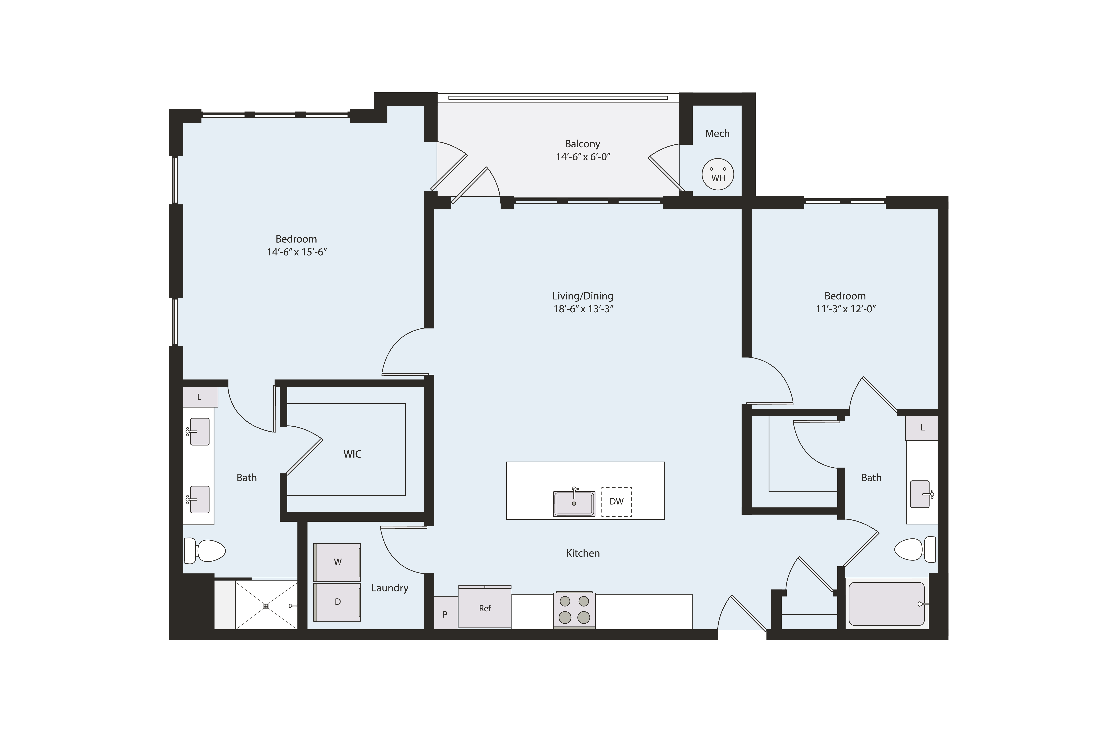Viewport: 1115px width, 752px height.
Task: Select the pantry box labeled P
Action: tap(445, 614)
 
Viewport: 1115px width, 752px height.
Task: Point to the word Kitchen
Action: tap(583, 553)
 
